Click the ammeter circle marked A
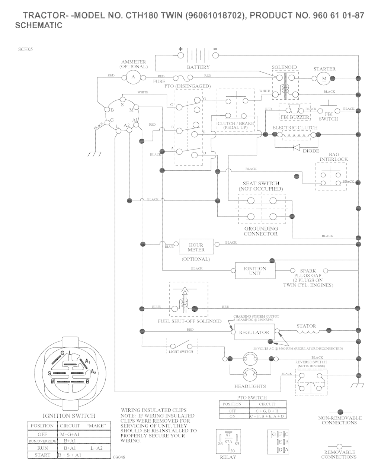click(134, 77)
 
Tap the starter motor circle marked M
click(324, 78)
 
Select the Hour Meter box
click(196, 247)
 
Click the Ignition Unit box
click(255, 271)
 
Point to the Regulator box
click(254, 332)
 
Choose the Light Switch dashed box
click(182, 346)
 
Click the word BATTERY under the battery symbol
click(198, 67)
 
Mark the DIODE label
click(311, 151)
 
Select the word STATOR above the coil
click(306, 326)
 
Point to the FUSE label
click(159, 81)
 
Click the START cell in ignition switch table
click(42, 455)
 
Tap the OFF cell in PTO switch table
click(232, 411)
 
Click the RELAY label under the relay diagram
click(228, 457)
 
